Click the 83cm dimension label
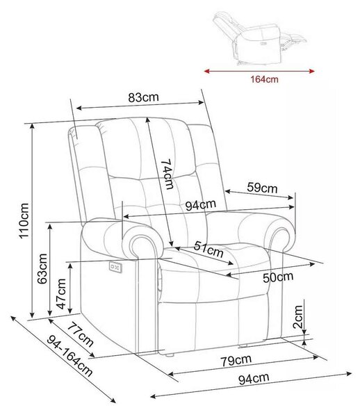[x=143, y=97]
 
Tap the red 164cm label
[x=264, y=79]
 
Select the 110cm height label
[x=24, y=221]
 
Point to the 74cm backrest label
[x=167, y=174]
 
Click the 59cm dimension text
[x=262, y=188]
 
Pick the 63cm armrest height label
[x=42, y=269]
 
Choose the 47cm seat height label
[x=61, y=294]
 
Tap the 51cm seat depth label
[x=208, y=250]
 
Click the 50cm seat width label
[x=278, y=277]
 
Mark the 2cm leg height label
[x=297, y=317]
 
